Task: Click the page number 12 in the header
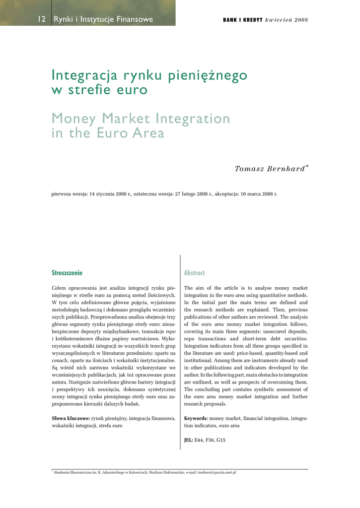(x=42, y=20)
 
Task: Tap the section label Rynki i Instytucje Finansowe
(x=103, y=20)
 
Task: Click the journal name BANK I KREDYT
(x=242, y=20)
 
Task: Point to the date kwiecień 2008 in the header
(x=287, y=20)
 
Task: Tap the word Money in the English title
(x=74, y=119)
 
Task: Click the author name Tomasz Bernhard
(x=270, y=169)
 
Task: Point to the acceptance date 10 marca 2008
(x=258, y=194)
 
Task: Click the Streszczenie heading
(x=67, y=273)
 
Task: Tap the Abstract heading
(x=194, y=273)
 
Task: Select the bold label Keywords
(x=196, y=419)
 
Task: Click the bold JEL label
(x=189, y=440)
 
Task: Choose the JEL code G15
(x=220, y=440)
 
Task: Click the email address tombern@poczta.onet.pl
(x=216, y=472)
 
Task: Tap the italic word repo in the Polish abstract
(x=170, y=331)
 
